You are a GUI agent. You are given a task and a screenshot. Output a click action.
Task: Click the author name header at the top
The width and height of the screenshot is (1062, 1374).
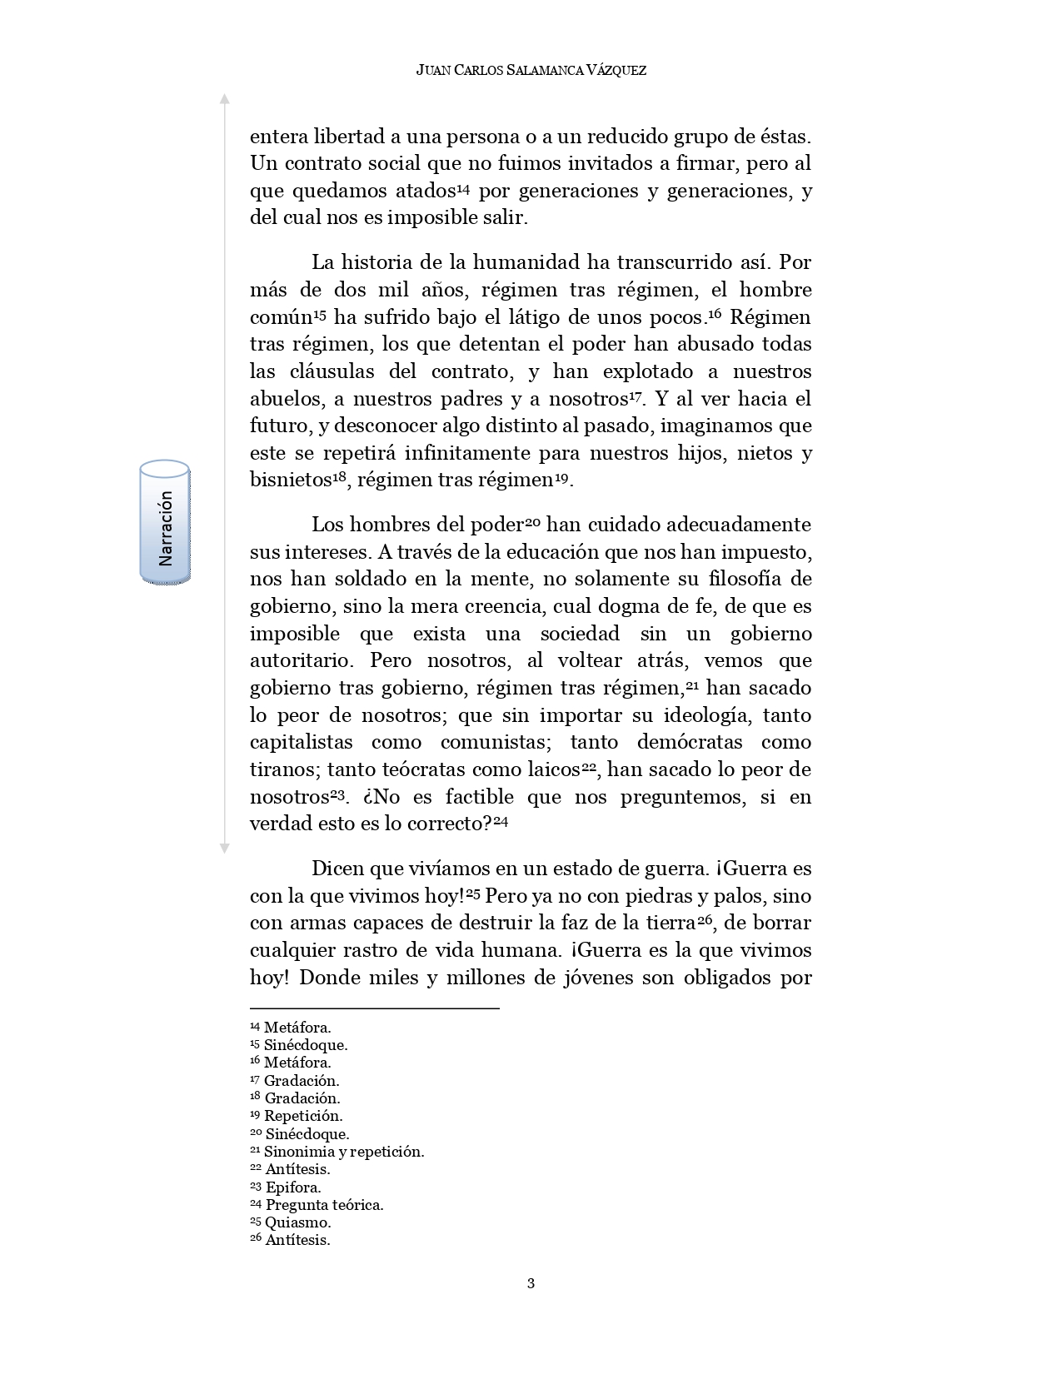point(531,71)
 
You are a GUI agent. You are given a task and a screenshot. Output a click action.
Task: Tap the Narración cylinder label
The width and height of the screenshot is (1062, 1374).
point(165,522)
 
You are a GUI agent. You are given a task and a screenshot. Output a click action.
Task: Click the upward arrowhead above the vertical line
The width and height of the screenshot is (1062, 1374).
point(224,99)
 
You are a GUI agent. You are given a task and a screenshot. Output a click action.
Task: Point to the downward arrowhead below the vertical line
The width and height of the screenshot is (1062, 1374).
point(224,849)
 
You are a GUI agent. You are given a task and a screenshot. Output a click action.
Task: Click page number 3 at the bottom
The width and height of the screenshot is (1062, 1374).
point(531,1282)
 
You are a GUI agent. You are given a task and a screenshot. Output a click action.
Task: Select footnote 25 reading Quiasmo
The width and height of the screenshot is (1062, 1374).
point(291,1222)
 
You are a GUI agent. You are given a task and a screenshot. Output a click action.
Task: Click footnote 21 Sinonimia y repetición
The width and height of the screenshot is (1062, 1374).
point(337,1152)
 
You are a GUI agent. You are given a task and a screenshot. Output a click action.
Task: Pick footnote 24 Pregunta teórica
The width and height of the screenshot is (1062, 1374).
point(317,1205)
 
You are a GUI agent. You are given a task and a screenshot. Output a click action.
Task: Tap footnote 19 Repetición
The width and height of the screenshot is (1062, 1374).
point(297,1116)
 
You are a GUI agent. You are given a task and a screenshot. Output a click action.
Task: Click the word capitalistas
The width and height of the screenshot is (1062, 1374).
point(302,742)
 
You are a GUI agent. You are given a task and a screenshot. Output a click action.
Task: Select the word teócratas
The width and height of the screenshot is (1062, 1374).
point(425,769)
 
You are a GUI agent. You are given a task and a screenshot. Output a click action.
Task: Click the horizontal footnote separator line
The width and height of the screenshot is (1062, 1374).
point(374,1008)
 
